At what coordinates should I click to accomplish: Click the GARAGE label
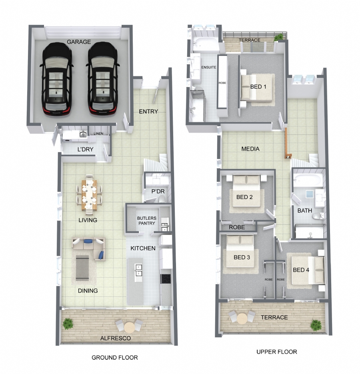point(79,42)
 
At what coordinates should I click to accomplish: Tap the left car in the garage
point(56,80)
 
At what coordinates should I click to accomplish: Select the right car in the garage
point(103,80)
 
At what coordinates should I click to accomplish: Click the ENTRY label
point(148,111)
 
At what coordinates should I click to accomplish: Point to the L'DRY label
point(85,149)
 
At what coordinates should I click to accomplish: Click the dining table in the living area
point(89,195)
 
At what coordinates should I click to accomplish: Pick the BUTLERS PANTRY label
point(147,221)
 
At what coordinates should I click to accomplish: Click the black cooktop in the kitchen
point(166,279)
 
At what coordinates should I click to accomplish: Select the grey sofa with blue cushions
point(89,248)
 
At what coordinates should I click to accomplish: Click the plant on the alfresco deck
point(68,324)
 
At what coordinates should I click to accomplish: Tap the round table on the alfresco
point(129,327)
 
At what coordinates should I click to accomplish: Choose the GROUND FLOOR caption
point(114,358)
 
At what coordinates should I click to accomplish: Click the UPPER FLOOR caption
point(277,352)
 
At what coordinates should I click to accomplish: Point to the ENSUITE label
point(209,68)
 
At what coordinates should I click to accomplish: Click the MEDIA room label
point(250,149)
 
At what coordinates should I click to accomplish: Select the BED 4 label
point(301,270)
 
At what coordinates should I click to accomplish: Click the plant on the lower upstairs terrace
point(316,325)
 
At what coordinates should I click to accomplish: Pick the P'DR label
point(158,191)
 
